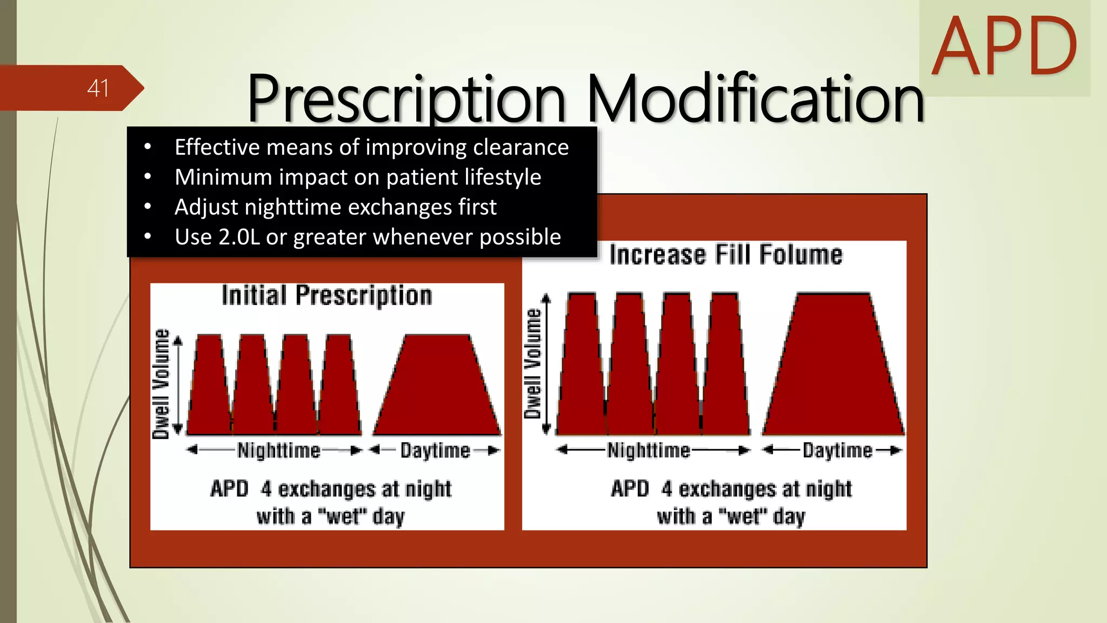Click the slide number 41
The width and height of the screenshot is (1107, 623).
[98, 88]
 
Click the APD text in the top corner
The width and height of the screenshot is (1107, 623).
[1004, 47]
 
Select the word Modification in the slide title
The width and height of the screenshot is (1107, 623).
[755, 99]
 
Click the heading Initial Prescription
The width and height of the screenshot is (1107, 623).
[327, 296]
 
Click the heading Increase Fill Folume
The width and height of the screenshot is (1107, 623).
[725, 255]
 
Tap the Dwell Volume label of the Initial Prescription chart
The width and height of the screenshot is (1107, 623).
[161, 383]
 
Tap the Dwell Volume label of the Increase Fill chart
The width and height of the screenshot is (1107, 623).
[532, 363]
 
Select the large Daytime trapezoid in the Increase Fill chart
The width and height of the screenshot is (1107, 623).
[833, 368]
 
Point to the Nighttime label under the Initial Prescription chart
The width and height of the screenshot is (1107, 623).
[279, 450]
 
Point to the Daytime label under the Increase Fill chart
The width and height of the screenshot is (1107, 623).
[837, 450]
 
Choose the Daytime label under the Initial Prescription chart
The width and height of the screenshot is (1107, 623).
[435, 450]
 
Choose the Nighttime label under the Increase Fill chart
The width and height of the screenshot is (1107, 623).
[649, 450]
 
